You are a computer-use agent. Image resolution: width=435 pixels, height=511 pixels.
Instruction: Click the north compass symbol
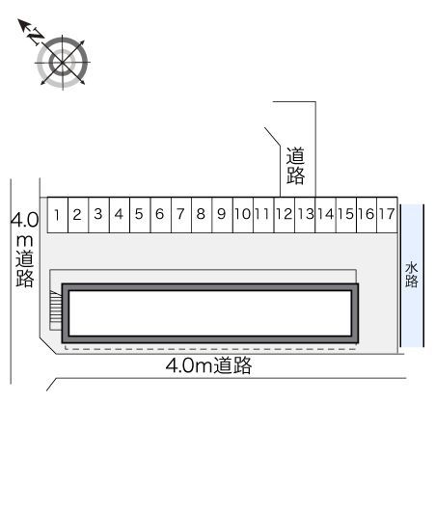tap(63, 62)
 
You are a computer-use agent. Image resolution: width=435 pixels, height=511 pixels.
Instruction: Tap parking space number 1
tap(59, 214)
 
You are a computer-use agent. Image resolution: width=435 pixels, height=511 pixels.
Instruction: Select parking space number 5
tap(139, 214)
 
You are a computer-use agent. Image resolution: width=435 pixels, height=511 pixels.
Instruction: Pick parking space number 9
tap(221, 214)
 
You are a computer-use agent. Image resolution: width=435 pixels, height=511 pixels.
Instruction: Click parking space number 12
tap(284, 214)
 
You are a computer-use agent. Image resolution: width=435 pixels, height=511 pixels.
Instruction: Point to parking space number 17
tap(386, 214)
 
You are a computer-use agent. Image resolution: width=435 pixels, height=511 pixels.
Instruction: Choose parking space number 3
tap(98, 214)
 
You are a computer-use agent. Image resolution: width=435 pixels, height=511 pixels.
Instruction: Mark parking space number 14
tap(325, 214)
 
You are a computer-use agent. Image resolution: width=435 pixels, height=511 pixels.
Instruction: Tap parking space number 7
tap(180, 214)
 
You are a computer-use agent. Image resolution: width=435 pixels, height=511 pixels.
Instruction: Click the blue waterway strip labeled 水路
tap(412, 275)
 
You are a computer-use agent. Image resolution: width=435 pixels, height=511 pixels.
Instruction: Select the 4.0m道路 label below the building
tap(208, 365)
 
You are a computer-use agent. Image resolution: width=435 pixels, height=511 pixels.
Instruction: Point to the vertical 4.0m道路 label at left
tap(25, 250)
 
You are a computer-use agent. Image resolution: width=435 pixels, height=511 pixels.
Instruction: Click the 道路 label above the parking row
tap(296, 165)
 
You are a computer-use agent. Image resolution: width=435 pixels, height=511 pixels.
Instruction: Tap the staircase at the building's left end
tap(56, 312)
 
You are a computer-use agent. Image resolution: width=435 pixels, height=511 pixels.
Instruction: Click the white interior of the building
tap(209, 312)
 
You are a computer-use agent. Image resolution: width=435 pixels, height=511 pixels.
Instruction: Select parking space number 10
tap(242, 214)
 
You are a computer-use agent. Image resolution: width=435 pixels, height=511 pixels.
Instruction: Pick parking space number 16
tap(366, 214)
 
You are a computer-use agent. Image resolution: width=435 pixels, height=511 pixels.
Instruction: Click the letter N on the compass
tap(34, 36)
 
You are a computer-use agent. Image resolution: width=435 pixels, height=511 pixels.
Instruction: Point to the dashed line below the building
tap(209, 347)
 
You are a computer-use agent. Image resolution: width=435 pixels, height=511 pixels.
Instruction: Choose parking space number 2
tap(78, 214)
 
